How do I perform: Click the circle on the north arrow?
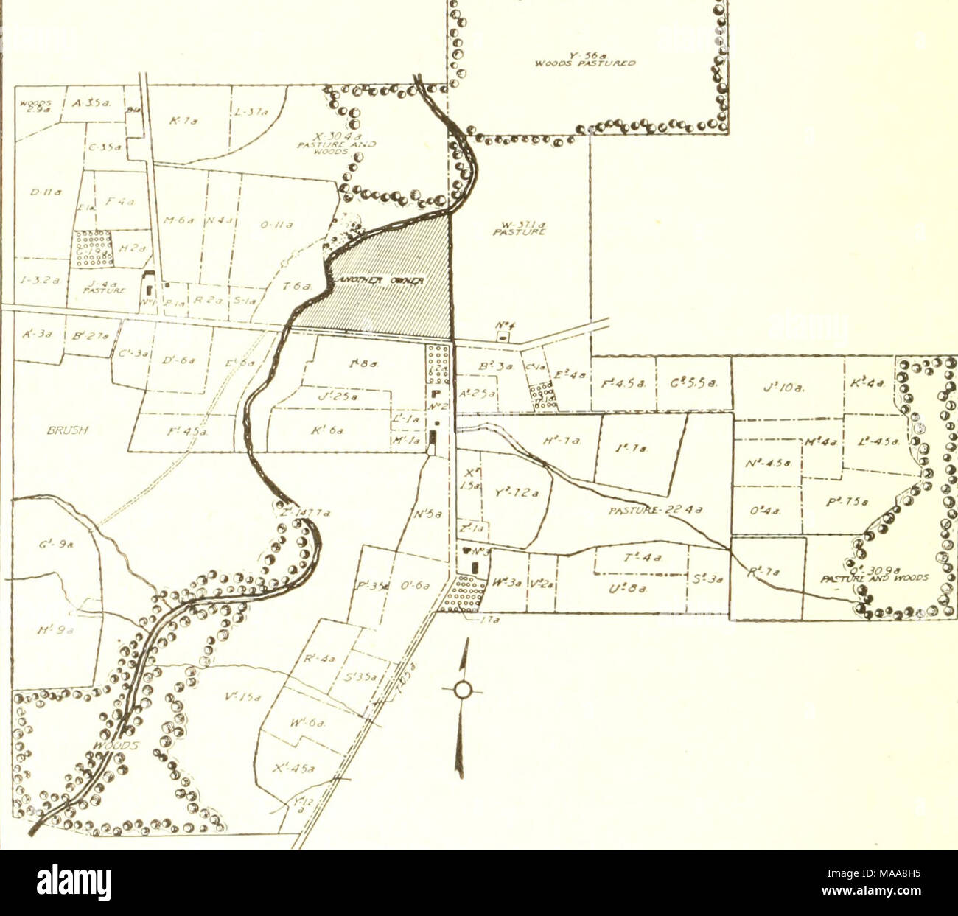tap(462, 690)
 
